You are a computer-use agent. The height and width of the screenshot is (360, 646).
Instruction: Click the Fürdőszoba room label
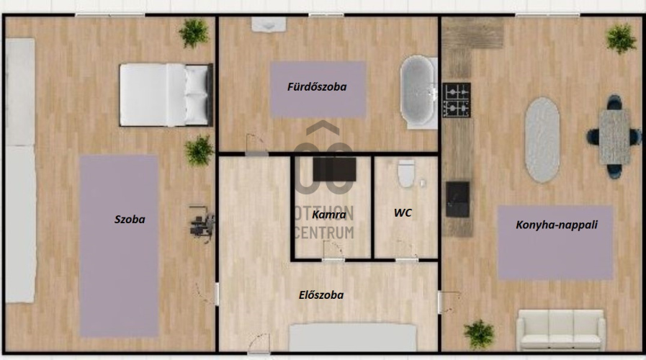coord(317,87)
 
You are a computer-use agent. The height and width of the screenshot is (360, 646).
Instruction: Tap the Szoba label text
coord(130,219)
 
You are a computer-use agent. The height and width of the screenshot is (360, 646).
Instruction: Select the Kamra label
coord(329,215)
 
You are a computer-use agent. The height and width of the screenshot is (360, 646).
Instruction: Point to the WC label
coord(403,212)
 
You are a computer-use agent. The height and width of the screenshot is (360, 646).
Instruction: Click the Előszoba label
coord(321,295)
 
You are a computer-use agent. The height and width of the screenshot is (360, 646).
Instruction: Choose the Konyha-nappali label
coord(557,225)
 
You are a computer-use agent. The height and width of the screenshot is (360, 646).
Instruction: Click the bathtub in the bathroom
coord(418,92)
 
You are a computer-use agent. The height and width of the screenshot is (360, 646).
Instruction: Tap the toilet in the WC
coord(406,173)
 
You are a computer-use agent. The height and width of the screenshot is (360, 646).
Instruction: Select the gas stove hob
coord(457,100)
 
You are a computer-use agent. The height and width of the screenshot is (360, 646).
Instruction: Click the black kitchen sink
coord(457,199)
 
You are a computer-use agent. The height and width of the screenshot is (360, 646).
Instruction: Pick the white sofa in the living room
coord(561,330)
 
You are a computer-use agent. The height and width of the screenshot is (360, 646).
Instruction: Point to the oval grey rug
coord(542,140)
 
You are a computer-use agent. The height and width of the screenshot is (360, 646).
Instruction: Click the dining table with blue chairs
coord(614,137)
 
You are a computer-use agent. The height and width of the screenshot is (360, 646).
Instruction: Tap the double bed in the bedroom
coord(166,95)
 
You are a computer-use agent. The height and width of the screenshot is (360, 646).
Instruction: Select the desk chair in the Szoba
coord(202,225)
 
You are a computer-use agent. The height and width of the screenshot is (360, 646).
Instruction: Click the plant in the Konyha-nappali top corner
coord(622,38)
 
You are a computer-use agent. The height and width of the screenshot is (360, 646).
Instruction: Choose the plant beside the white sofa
coord(479,333)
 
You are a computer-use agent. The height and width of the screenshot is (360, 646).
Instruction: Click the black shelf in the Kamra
coord(335,169)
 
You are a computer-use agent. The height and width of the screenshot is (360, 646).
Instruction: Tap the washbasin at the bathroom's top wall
coord(269,24)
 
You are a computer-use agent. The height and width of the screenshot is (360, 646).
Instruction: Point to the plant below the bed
coord(199,150)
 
